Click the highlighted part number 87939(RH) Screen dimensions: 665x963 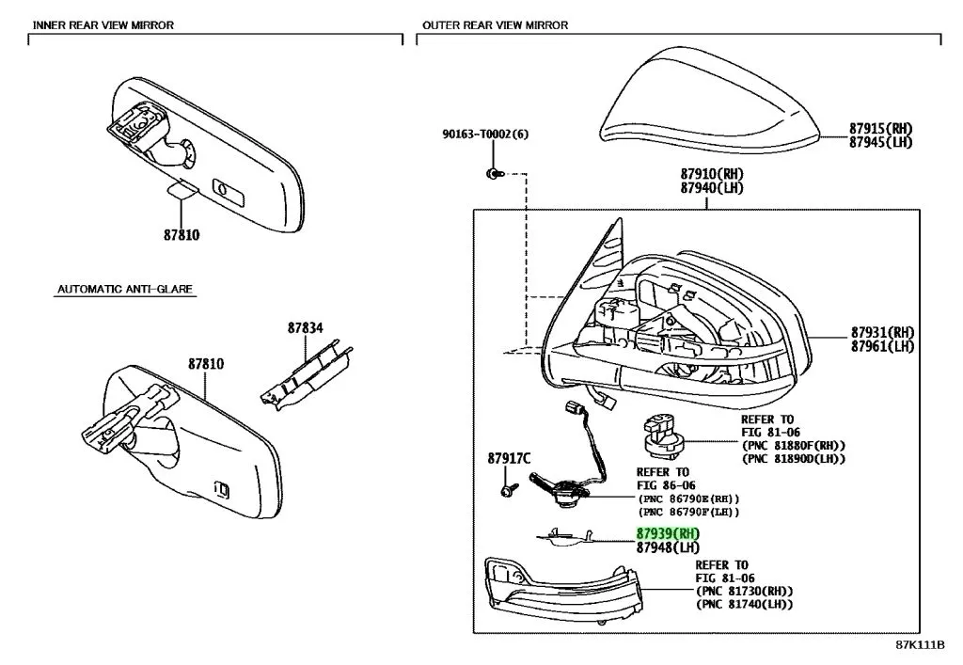[x=668, y=533]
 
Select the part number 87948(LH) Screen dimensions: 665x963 [x=668, y=547]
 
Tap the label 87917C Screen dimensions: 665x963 [x=509, y=459]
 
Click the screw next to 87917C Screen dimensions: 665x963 [x=508, y=490]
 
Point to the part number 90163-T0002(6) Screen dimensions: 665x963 [x=485, y=135]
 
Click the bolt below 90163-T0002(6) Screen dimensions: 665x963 [x=493, y=174]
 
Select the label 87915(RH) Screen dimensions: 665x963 [x=880, y=129]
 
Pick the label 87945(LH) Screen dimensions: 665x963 [x=880, y=143]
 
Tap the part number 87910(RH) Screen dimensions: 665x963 [x=711, y=175]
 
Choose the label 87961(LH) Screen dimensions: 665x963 [x=882, y=347]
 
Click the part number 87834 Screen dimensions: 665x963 [x=305, y=327]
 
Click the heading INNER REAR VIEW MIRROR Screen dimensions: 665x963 [x=103, y=25]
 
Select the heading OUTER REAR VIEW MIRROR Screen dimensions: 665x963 [x=495, y=25]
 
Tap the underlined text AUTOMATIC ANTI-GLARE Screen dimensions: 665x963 [x=124, y=290]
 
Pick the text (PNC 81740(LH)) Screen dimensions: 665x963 [x=744, y=605]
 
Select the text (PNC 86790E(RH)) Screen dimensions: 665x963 [x=688, y=499]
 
